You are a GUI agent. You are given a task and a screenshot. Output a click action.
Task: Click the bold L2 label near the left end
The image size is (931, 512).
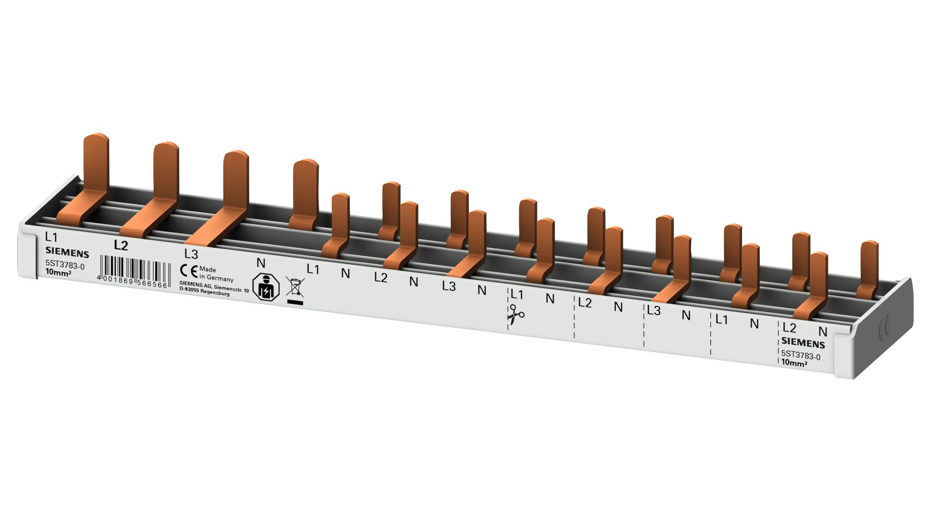[x=121, y=245]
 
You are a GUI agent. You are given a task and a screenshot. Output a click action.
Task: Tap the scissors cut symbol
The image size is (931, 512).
[x=515, y=314]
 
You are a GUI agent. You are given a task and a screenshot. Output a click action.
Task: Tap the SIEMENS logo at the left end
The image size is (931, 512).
[x=67, y=254]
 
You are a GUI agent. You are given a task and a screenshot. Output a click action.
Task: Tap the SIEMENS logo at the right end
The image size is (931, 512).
[x=803, y=344]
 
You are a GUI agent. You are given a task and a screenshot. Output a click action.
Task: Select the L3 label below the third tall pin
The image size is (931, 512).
[x=191, y=254]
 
